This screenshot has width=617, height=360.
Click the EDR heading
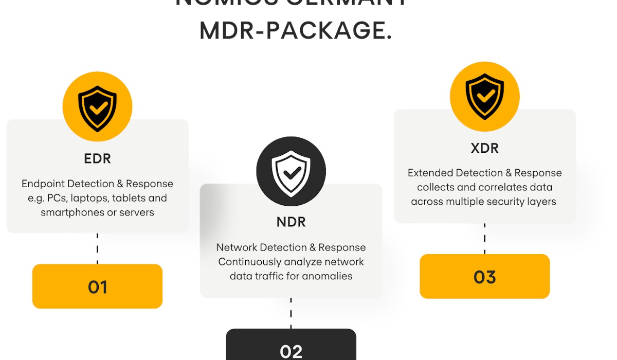click(x=97, y=158)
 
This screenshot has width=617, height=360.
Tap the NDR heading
click(x=291, y=222)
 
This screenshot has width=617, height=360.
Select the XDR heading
click(x=484, y=148)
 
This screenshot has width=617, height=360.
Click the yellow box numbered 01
click(x=97, y=286)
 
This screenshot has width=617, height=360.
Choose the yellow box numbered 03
click(x=484, y=277)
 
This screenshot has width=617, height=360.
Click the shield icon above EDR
click(x=97, y=106)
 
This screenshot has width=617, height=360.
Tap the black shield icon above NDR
click(x=291, y=171)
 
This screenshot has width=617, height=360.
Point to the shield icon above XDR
click(x=484, y=96)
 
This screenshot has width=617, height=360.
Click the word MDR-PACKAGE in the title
click(x=296, y=31)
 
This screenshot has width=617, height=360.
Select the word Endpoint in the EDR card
click(x=43, y=184)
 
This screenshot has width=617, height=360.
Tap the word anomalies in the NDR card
click(x=328, y=276)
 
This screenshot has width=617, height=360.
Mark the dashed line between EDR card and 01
click(x=97, y=248)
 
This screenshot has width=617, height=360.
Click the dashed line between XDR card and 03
click(x=484, y=239)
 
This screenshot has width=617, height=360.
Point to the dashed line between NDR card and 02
click(x=291, y=313)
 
